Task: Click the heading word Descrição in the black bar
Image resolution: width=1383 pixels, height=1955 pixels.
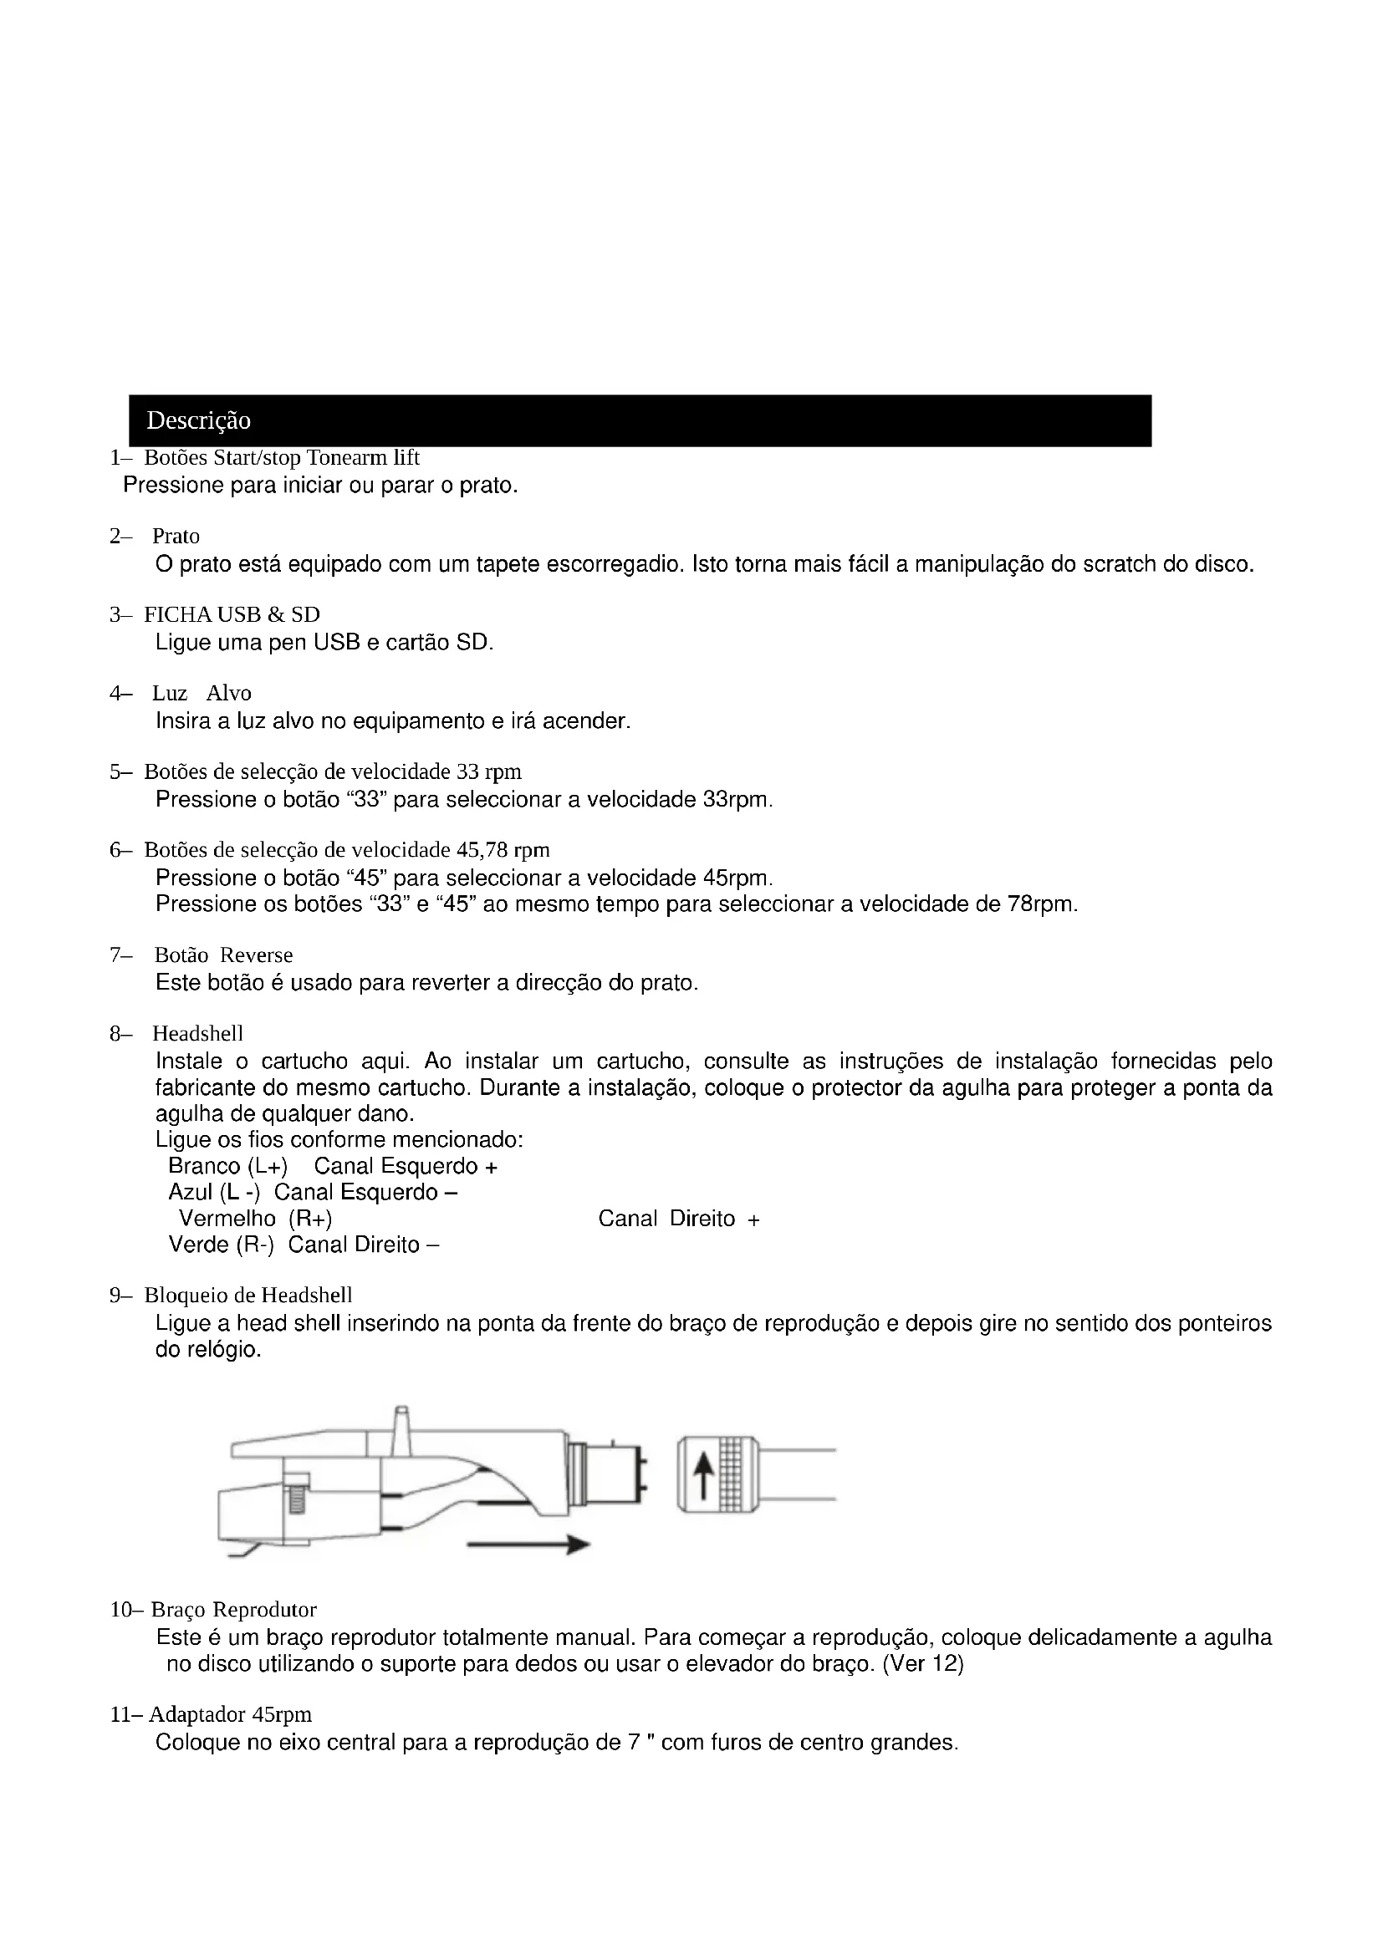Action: (198, 420)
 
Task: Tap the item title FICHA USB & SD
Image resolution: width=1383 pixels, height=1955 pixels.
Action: (232, 615)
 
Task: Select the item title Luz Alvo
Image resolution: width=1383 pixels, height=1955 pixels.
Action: (202, 693)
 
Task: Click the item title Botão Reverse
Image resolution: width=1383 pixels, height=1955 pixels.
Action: (223, 955)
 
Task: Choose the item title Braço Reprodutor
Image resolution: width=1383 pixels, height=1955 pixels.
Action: (233, 1609)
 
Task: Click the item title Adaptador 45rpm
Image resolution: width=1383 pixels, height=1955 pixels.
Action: (230, 1714)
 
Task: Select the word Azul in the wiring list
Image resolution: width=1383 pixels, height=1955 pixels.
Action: (190, 1192)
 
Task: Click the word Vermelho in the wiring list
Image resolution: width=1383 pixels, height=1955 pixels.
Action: (227, 1219)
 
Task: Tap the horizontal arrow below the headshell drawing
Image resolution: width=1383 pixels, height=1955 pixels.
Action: (528, 1545)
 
